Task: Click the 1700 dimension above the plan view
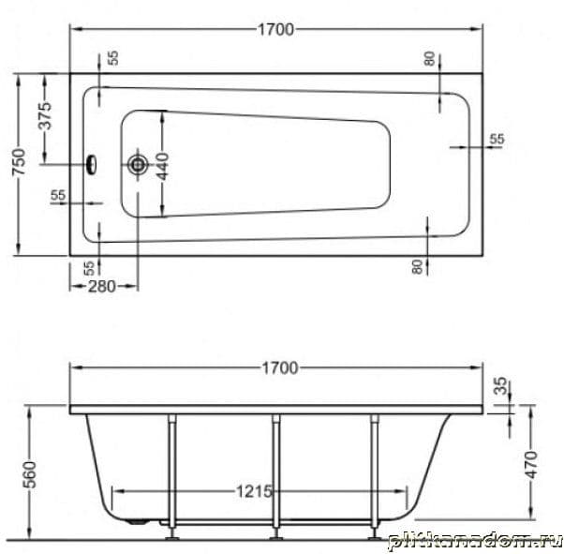pyautogui.click(x=275, y=29)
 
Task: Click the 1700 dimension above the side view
pyautogui.click(x=280, y=368)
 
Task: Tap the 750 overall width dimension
pyautogui.click(x=20, y=162)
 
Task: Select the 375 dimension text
pyautogui.click(x=45, y=116)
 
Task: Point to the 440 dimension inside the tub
pyautogui.click(x=163, y=167)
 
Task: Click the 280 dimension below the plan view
pyautogui.click(x=102, y=287)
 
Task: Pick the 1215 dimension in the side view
pyautogui.click(x=254, y=491)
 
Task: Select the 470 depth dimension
pyautogui.click(x=531, y=465)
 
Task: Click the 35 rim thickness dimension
pyautogui.click(x=501, y=385)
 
